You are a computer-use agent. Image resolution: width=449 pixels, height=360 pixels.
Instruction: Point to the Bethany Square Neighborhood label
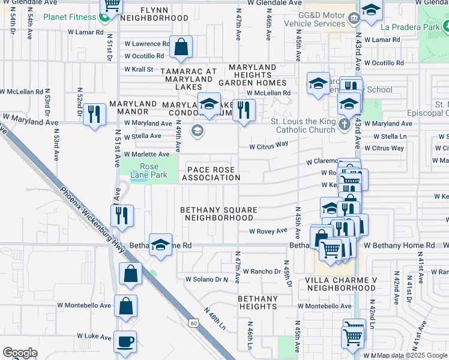click(x=219, y=214)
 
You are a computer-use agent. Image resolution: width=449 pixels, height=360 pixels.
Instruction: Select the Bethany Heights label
click(x=258, y=302)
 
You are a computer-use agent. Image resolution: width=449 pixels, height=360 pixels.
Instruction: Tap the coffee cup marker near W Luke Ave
click(x=125, y=341)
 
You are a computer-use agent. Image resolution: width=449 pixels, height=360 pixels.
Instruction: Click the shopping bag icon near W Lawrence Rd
click(x=181, y=46)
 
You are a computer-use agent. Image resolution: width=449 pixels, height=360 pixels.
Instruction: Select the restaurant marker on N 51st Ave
click(x=122, y=215)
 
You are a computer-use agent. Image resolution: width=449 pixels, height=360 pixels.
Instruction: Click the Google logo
click(x=20, y=353)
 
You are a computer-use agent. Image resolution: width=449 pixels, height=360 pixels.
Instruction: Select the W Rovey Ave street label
click(x=268, y=231)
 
